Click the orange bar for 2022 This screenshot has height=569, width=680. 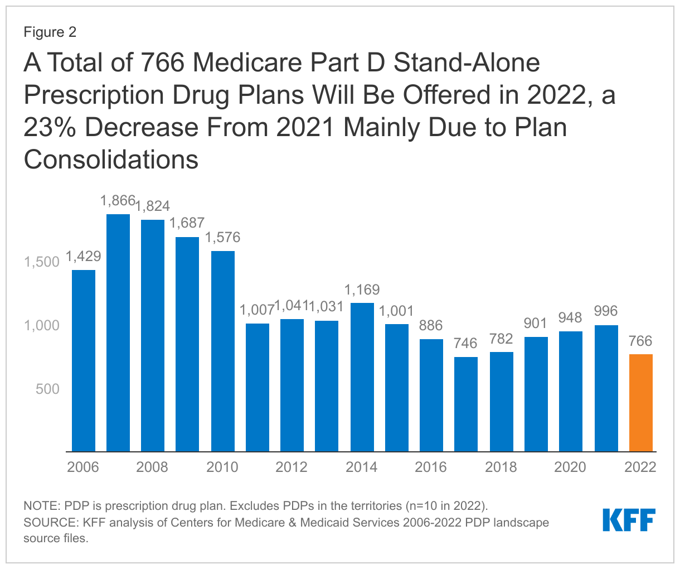[640, 403]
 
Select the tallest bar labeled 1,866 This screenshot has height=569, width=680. [118, 333]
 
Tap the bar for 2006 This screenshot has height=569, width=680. [84, 361]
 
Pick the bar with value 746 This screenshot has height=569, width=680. [466, 404]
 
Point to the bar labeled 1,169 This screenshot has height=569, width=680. [362, 377]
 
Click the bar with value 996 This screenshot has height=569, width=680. [606, 388]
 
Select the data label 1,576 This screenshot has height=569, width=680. [223, 238]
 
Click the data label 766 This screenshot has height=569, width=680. [640, 341]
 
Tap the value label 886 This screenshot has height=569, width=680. [431, 326]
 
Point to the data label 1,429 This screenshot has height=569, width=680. [84, 257]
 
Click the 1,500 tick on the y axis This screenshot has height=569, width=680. [42, 262]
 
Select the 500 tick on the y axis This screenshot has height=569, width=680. [47, 389]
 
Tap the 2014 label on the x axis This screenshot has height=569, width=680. [362, 467]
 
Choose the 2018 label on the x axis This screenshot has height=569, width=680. [501, 467]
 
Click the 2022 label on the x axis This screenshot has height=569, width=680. [640, 467]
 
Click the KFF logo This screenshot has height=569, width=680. [629, 520]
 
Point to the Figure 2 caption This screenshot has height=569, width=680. [50, 32]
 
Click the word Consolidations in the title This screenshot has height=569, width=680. [111, 160]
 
